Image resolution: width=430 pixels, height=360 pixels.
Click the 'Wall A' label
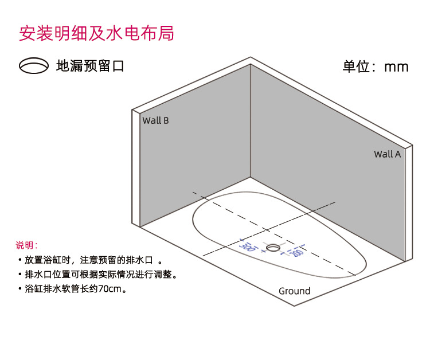click(388, 154)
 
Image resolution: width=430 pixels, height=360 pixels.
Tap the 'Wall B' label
click(155, 120)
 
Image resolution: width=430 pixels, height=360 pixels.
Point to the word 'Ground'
click(294, 291)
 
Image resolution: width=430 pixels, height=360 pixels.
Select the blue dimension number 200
click(296, 252)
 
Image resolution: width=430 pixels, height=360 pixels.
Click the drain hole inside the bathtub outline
click(273, 248)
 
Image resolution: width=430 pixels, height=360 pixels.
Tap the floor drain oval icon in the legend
click(34, 66)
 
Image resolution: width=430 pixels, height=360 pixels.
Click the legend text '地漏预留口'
click(90, 66)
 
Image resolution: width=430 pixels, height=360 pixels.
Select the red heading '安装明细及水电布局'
click(96, 33)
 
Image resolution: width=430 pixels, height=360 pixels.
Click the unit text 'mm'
click(396, 66)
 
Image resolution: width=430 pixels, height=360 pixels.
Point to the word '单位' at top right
click(355, 66)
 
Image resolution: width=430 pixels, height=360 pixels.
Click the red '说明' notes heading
click(26, 245)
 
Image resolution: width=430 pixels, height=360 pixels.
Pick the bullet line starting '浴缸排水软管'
click(72, 289)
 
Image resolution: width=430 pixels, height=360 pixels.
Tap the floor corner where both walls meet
click(251, 177)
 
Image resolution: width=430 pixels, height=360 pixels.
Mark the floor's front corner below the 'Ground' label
click(294, 306)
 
